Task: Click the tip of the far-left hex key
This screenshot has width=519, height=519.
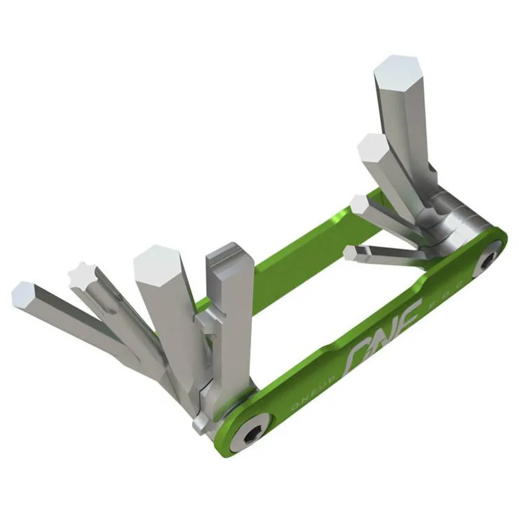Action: pos(24,294)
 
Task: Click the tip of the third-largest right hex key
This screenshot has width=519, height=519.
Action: pos(359,204)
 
